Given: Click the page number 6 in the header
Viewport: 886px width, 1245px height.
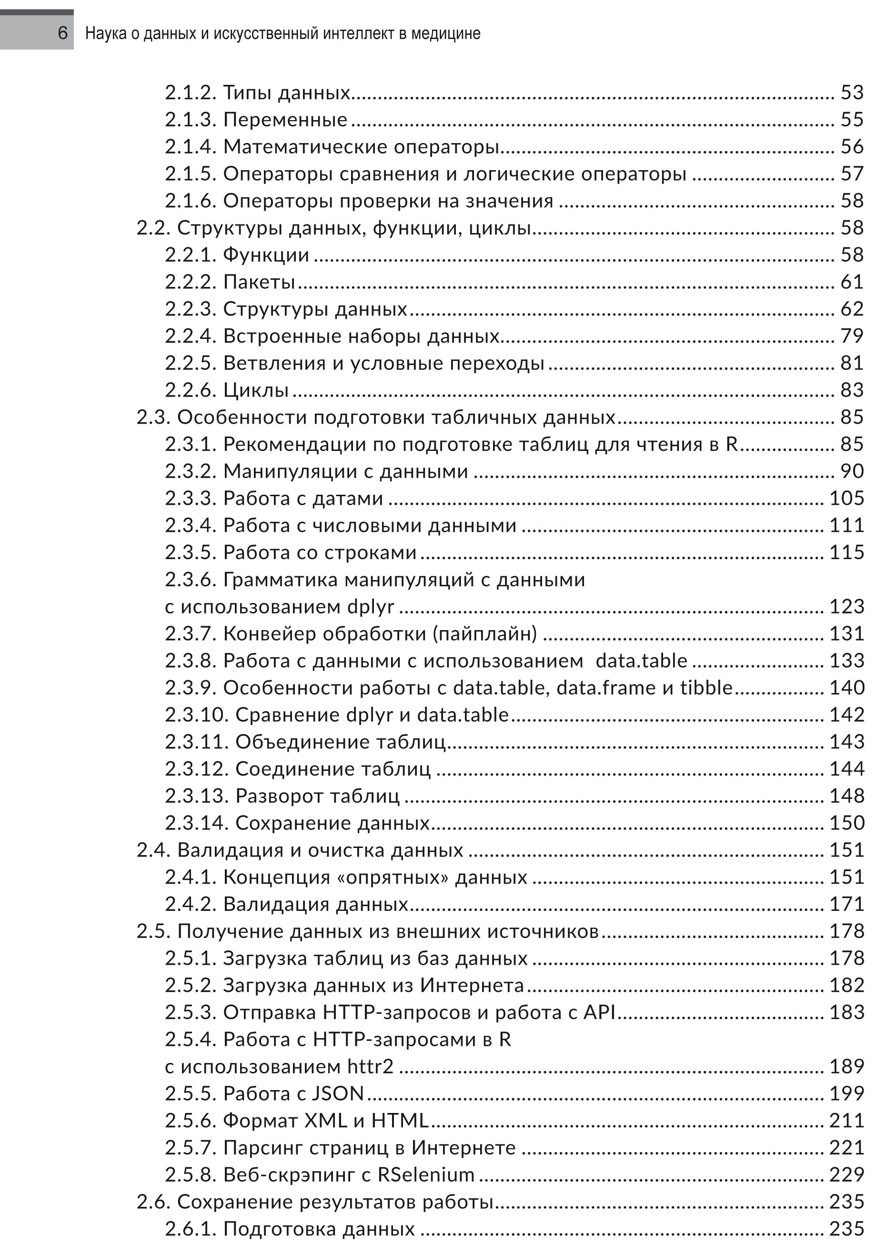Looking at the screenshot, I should (x=63, y=33).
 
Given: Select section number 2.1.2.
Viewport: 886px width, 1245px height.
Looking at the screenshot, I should (x=191, y=93).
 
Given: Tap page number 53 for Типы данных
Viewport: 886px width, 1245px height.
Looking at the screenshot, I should (x=852, y=93).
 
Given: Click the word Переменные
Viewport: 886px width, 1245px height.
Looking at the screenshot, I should (x=285, y=120).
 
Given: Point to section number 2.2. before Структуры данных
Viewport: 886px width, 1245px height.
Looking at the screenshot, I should (x=154, y=228).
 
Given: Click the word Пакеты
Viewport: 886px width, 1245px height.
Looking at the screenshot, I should (x=259, y=282).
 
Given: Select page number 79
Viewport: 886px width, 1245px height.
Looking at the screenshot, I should (x=852, y=336).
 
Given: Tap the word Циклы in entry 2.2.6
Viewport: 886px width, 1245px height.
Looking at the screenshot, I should (x=256, y=390).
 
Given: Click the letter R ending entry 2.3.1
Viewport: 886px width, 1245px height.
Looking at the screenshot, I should (x=732, y=444).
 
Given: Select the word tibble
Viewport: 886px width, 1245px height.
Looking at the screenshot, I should (x=706, y=688).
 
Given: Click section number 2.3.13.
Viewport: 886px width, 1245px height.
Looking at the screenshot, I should (x=198, y=796).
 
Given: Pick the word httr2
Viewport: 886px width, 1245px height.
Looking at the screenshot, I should (x=371, y=1067).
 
